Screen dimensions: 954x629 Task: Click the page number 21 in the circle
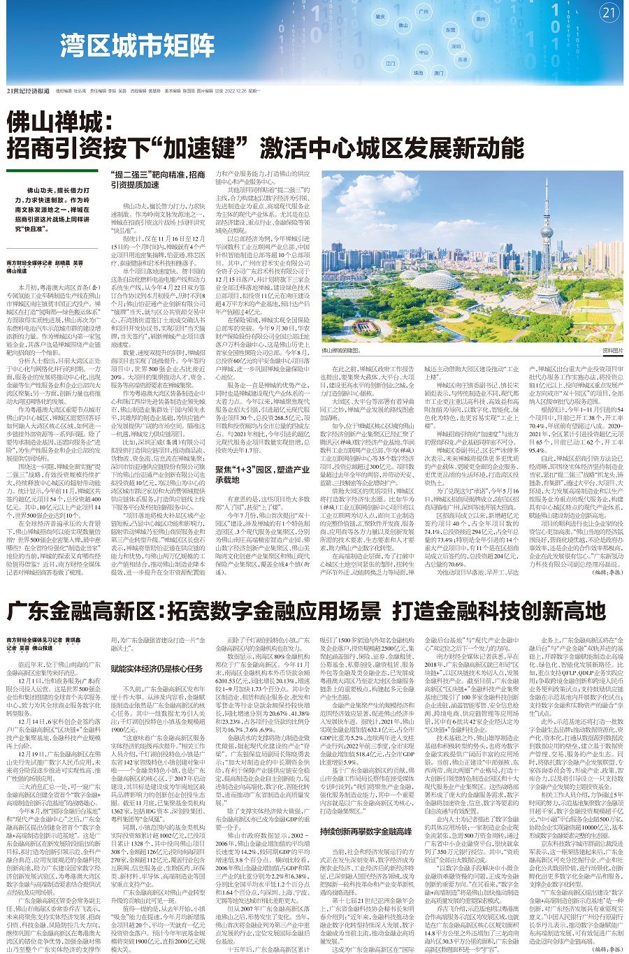tap(609, 13)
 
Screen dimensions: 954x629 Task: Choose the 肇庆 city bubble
tap(380, 16)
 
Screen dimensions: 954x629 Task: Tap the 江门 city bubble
tap(391, 63)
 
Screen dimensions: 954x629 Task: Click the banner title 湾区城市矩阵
tap(137, 47)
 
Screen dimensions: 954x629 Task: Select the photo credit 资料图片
tap(612, 350)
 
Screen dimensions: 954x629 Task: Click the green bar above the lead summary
tap(52, 171)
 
